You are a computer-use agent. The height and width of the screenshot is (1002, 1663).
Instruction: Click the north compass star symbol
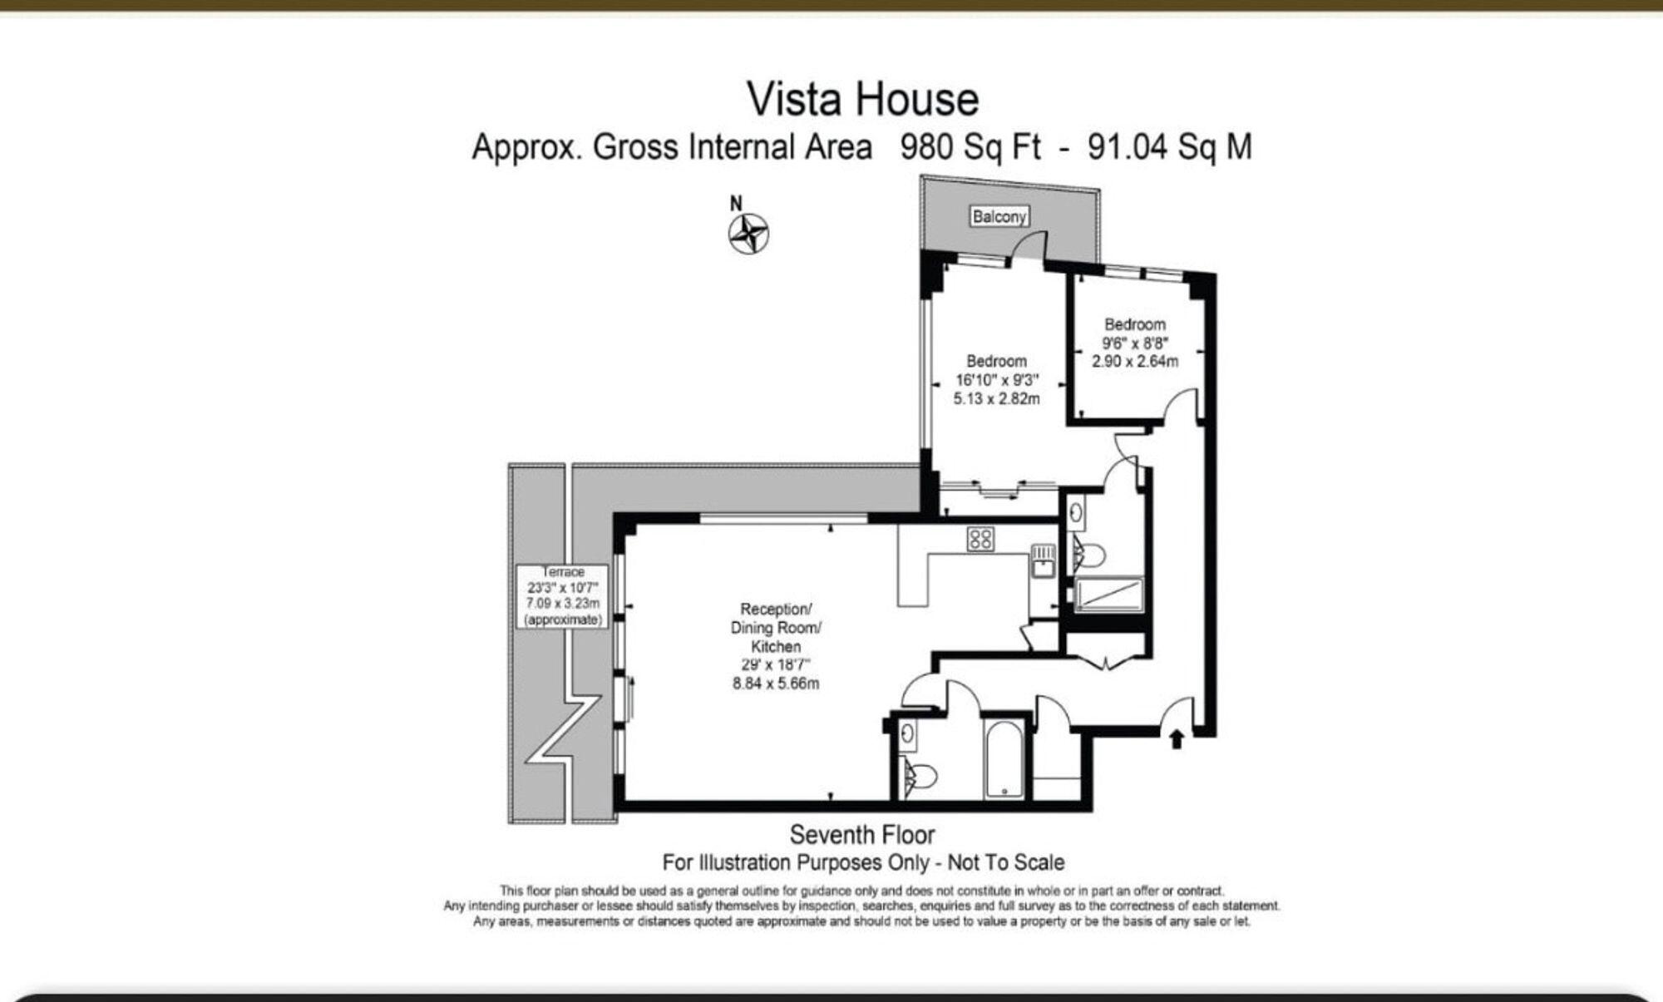point(749,234)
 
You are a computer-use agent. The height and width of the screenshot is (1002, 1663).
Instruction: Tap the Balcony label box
point(999,217)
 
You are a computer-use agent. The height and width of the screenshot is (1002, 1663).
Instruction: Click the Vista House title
point(863,100)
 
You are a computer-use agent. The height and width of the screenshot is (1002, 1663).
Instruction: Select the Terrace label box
point(563,596)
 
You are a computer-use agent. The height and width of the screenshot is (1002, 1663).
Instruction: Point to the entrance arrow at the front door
point(1177,738)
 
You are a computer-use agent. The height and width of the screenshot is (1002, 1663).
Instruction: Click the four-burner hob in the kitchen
point(980,539)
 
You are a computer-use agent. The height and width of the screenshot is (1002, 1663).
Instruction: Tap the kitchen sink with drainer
point(1043,560)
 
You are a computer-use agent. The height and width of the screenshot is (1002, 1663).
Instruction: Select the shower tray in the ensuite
point(1109,595)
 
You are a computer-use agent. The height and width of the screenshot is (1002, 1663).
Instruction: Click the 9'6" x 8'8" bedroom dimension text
point(1135,343)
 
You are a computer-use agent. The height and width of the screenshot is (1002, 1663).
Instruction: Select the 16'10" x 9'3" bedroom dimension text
point(996,380)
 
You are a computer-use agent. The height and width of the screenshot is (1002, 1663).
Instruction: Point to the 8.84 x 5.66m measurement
point(776,684)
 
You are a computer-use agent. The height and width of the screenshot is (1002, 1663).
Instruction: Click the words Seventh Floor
point(862,834)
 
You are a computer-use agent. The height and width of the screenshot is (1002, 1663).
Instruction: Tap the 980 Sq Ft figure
point(970,147)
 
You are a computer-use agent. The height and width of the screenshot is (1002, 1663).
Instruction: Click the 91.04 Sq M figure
point(1169,147)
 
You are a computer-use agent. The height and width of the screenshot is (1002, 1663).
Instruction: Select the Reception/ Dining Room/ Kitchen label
point(776,628)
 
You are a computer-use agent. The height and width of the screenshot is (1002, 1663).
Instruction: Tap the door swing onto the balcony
point(1029,247)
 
